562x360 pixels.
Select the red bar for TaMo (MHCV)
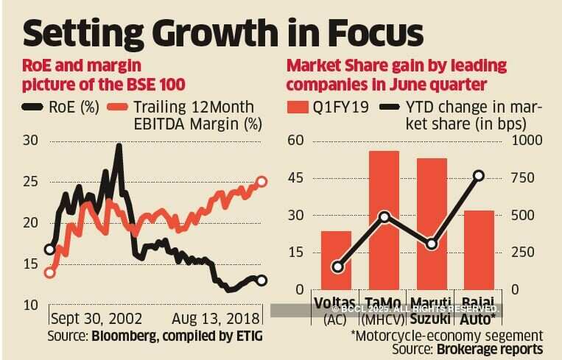pyautogui.click(x=384, y=220)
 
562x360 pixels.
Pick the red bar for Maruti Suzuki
pyautogui.click(x=432, y=224)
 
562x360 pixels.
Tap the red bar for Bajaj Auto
pyautogui.click(x=479, y=250)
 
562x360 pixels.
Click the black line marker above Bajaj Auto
pyautogui.click(x=479, y=175)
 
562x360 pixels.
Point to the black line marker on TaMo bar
pyautogui.click(x=384, y=217)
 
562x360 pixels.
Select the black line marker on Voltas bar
pyautogui.click(x=337, y=267)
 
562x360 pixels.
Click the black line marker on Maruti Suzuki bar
pyautogui.click(x=432, y=244)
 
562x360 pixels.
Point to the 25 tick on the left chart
pyautogui.click(x=31, y=182)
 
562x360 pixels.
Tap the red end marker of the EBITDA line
pyautogui.click(x=261, y=181)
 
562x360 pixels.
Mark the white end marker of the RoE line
pyautogui.click(x=261, y=280)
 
